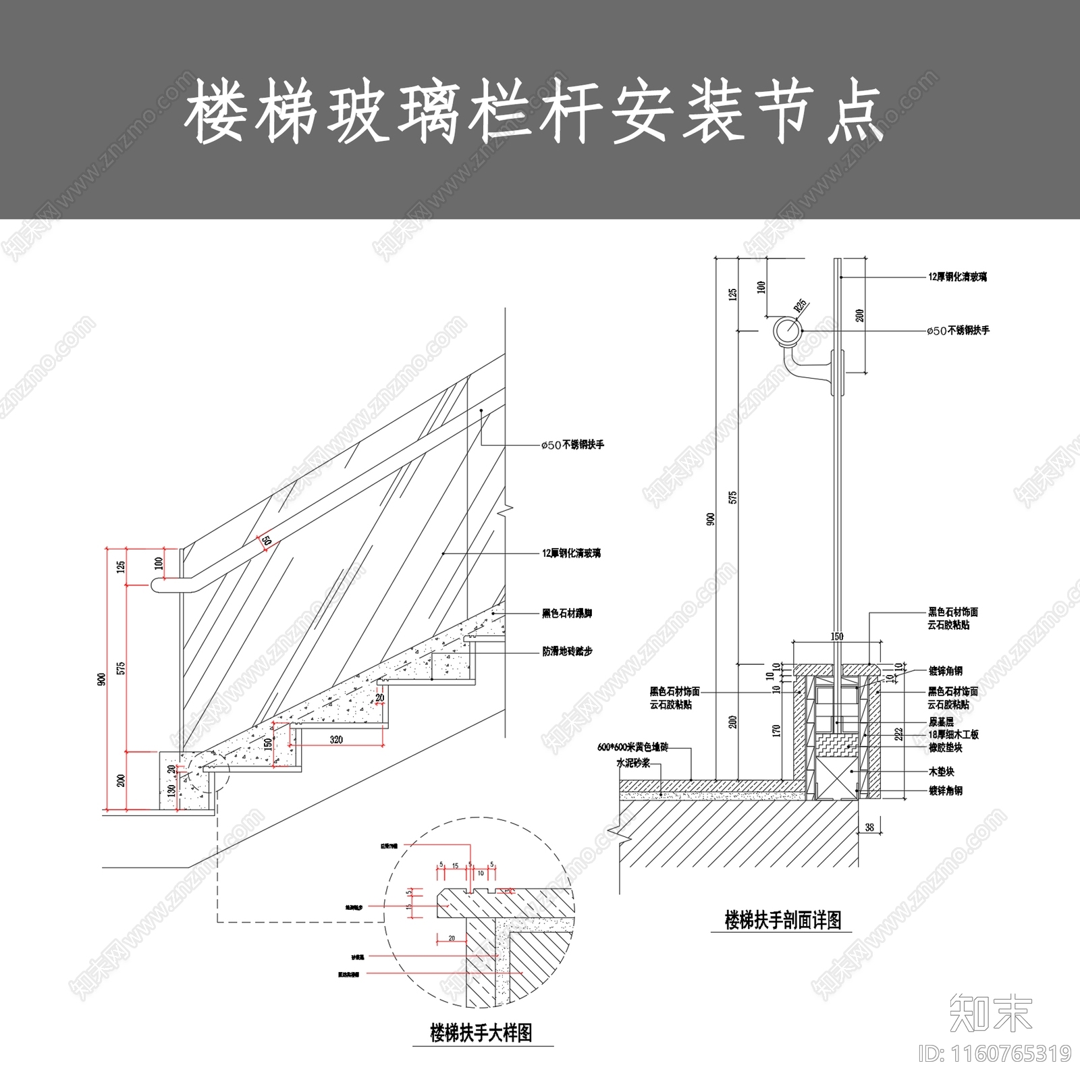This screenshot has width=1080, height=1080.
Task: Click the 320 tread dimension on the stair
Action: [336, 739]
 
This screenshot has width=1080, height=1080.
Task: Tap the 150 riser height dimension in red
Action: [268, 744]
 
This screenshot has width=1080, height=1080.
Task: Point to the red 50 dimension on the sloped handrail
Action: [265, 541]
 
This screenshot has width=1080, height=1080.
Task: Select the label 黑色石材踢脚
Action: [567, 614]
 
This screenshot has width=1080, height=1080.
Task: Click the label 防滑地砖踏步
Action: [567, 652]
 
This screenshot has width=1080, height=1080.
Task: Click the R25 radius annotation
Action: [801, 306]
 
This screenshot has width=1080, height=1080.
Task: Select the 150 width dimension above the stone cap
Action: [837, 636]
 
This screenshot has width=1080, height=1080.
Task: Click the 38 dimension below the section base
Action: [869, 826]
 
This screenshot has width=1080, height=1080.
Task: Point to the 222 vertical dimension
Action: [899, 734]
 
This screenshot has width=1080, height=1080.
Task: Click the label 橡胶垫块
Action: [945, 748]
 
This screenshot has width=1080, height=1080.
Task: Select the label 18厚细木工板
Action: [953, 734]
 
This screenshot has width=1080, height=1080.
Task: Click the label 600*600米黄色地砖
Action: [632, 747]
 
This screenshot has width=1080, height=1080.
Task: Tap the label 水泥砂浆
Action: [632, 763]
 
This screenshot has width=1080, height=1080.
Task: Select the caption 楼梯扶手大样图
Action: [481, 1033]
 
